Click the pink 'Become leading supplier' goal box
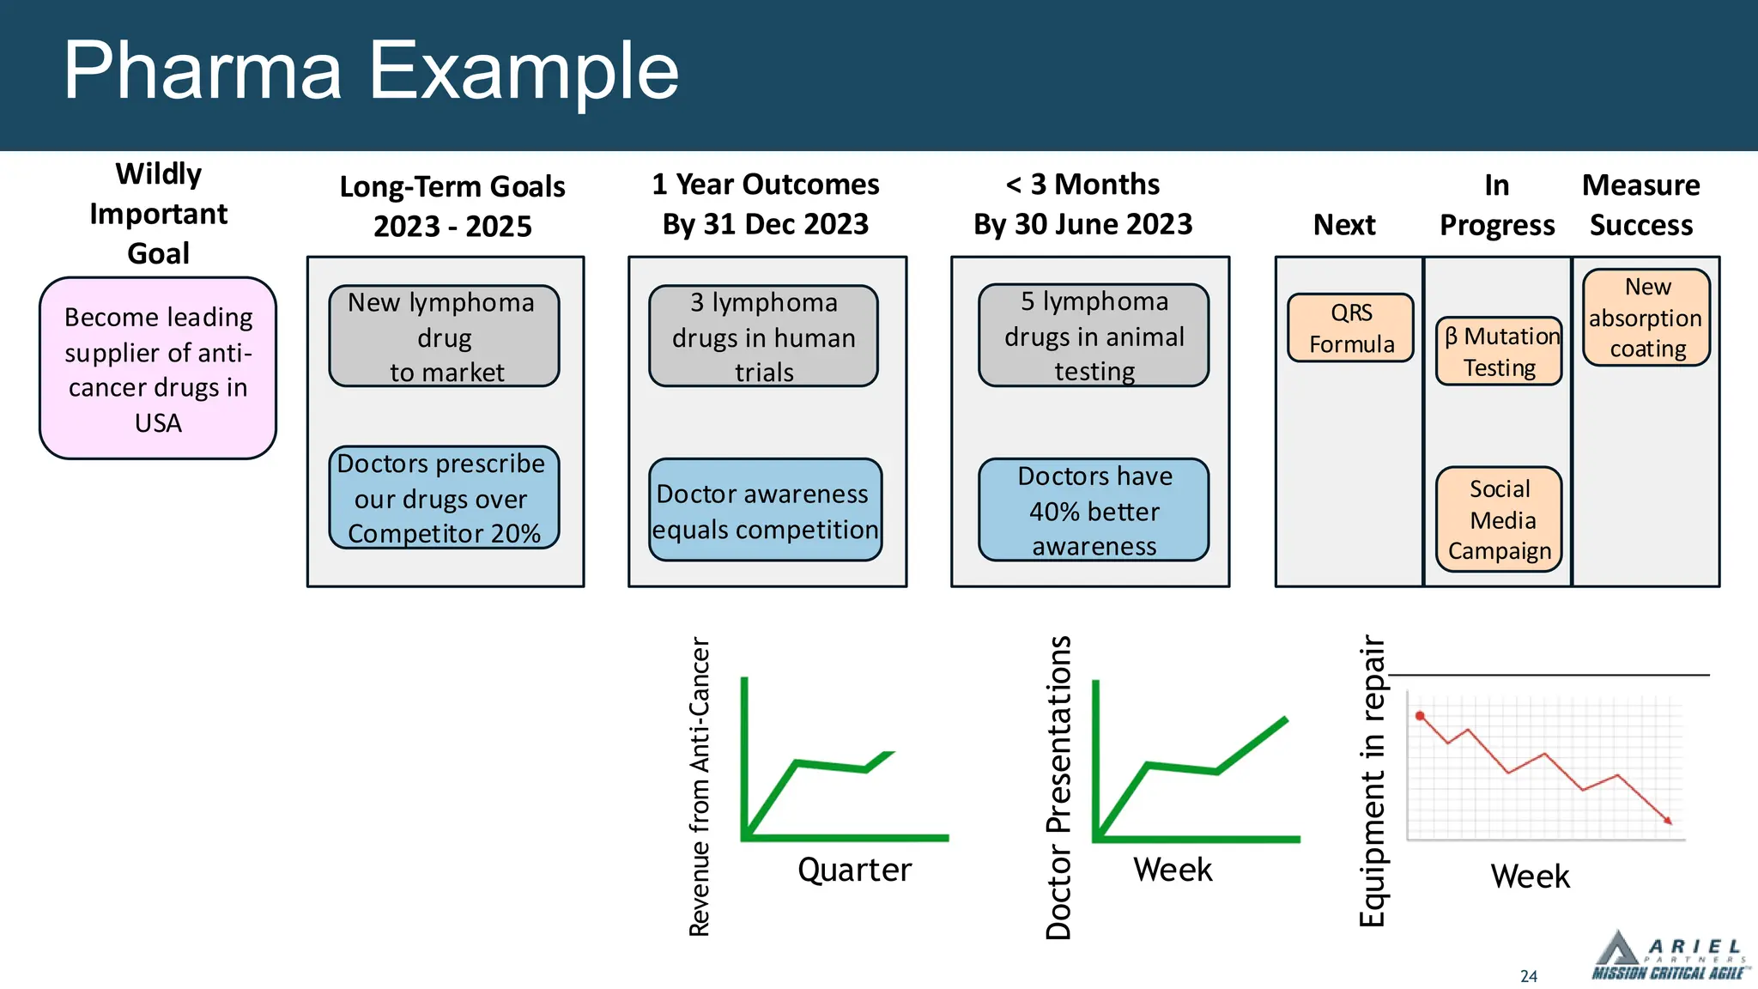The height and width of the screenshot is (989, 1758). pos(158,368)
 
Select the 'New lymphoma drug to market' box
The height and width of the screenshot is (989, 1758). pos(444,337)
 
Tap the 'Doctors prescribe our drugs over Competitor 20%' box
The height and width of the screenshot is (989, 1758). pos(444,498)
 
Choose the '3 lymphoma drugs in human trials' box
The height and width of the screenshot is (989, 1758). pos(763,337)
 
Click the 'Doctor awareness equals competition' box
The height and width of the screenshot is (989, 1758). pos(765,511)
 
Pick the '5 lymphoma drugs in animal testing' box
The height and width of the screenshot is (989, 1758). pos(1094,336)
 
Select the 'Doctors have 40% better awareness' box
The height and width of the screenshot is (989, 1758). pos(1094,511)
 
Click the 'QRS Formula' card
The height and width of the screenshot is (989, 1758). pos(1351,328)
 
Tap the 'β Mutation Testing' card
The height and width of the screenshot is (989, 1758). pos(1499,351)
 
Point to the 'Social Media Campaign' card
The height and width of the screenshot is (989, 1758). pos(1499,519)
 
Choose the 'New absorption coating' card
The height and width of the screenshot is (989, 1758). pos(1646,318)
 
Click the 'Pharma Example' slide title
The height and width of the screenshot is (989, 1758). pos(371,70)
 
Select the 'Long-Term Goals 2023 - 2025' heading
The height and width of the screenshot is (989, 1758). pos(452,206)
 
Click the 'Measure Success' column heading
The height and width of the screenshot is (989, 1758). pos(1640,204)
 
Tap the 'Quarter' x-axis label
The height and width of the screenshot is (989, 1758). pos(854,870)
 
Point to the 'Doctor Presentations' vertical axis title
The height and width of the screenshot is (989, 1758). pos(1058,787)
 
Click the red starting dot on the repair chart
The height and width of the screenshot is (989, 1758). pos(1420,715)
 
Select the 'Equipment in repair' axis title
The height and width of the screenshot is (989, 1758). pos(1373,780)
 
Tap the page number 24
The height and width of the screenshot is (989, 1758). pos(1529,976)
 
